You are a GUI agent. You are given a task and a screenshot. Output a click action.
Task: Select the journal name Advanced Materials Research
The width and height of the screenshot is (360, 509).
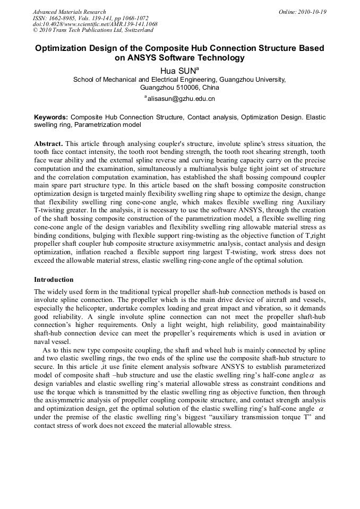69,12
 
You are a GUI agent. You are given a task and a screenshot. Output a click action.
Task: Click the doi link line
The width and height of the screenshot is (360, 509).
95,24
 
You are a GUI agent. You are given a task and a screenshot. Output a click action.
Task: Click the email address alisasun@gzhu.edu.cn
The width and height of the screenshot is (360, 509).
181,99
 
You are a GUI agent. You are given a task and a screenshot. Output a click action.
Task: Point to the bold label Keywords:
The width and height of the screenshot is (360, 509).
51,117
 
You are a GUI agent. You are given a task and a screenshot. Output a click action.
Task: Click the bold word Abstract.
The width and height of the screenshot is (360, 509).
49,144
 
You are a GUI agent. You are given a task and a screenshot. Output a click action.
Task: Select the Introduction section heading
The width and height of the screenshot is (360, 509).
54,279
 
